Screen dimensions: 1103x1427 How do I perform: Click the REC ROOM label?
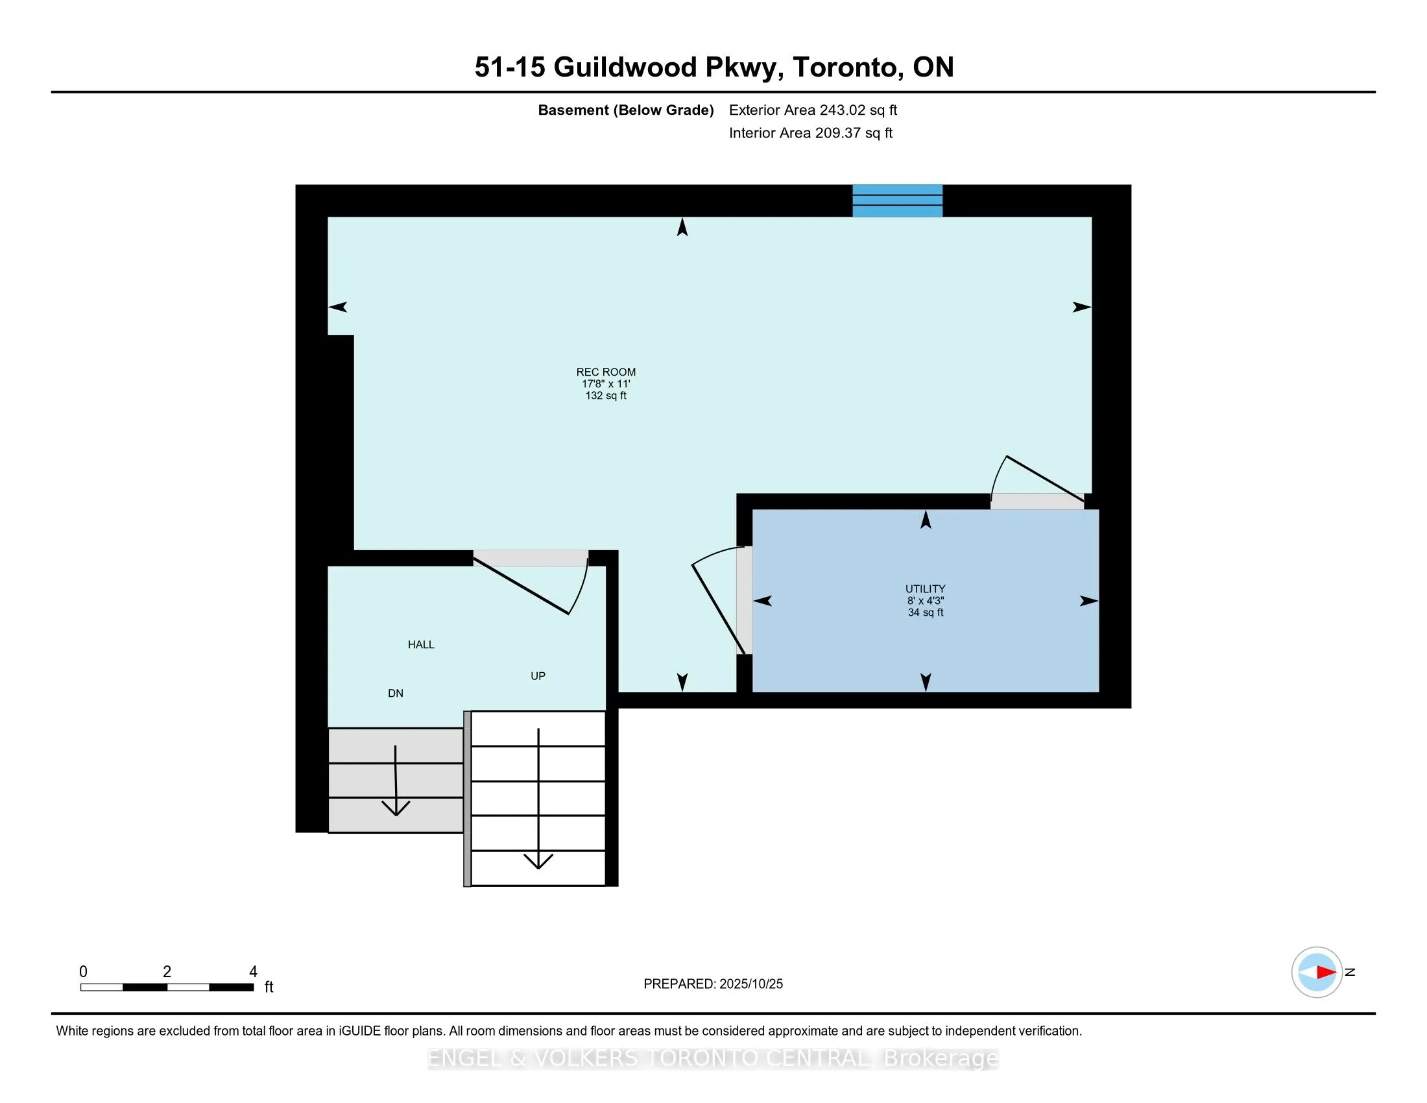(606, 372)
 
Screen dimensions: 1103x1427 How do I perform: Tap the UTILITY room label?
(925, 588)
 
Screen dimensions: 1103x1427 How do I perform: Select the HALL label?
(421, 645)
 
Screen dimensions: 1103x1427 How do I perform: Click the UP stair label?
(538, 676)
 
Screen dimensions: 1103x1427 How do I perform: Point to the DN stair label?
(395, 694)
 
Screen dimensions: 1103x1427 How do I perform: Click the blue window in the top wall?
(897, 200)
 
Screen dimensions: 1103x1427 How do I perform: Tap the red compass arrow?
(1326, 973)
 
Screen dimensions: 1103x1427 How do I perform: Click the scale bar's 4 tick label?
(253, 972)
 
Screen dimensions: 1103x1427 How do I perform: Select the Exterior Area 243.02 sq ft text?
(813, 110)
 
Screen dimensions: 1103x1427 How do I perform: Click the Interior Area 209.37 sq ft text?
(810, 133)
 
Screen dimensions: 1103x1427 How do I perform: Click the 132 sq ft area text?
(606, 396)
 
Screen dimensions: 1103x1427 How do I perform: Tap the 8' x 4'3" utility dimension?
(925, 601)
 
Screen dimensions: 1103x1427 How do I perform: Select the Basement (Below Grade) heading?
(625, 110)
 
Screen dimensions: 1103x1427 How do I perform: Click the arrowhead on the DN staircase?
(395, 808)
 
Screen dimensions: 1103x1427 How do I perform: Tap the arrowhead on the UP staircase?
(538, 861)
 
